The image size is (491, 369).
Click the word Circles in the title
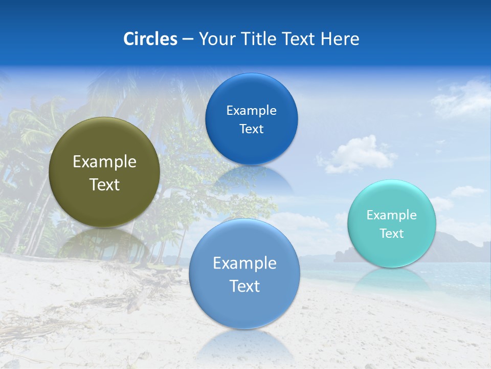[x=150, y=38]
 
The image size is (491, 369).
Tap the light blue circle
[x=244, y=307]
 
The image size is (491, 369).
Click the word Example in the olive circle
[x=104, y=162]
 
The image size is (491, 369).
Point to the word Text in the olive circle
[x=104, y=184]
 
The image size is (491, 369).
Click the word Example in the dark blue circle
[x=251, y=110]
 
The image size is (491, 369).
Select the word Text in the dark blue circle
[x=251, y=129]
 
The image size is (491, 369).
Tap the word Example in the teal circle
[x=392, y=215]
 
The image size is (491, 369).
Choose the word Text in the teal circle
[x=392, y=233]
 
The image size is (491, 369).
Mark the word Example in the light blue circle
[x=244, y=263]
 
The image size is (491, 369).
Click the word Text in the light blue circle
[x=244, y=286]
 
